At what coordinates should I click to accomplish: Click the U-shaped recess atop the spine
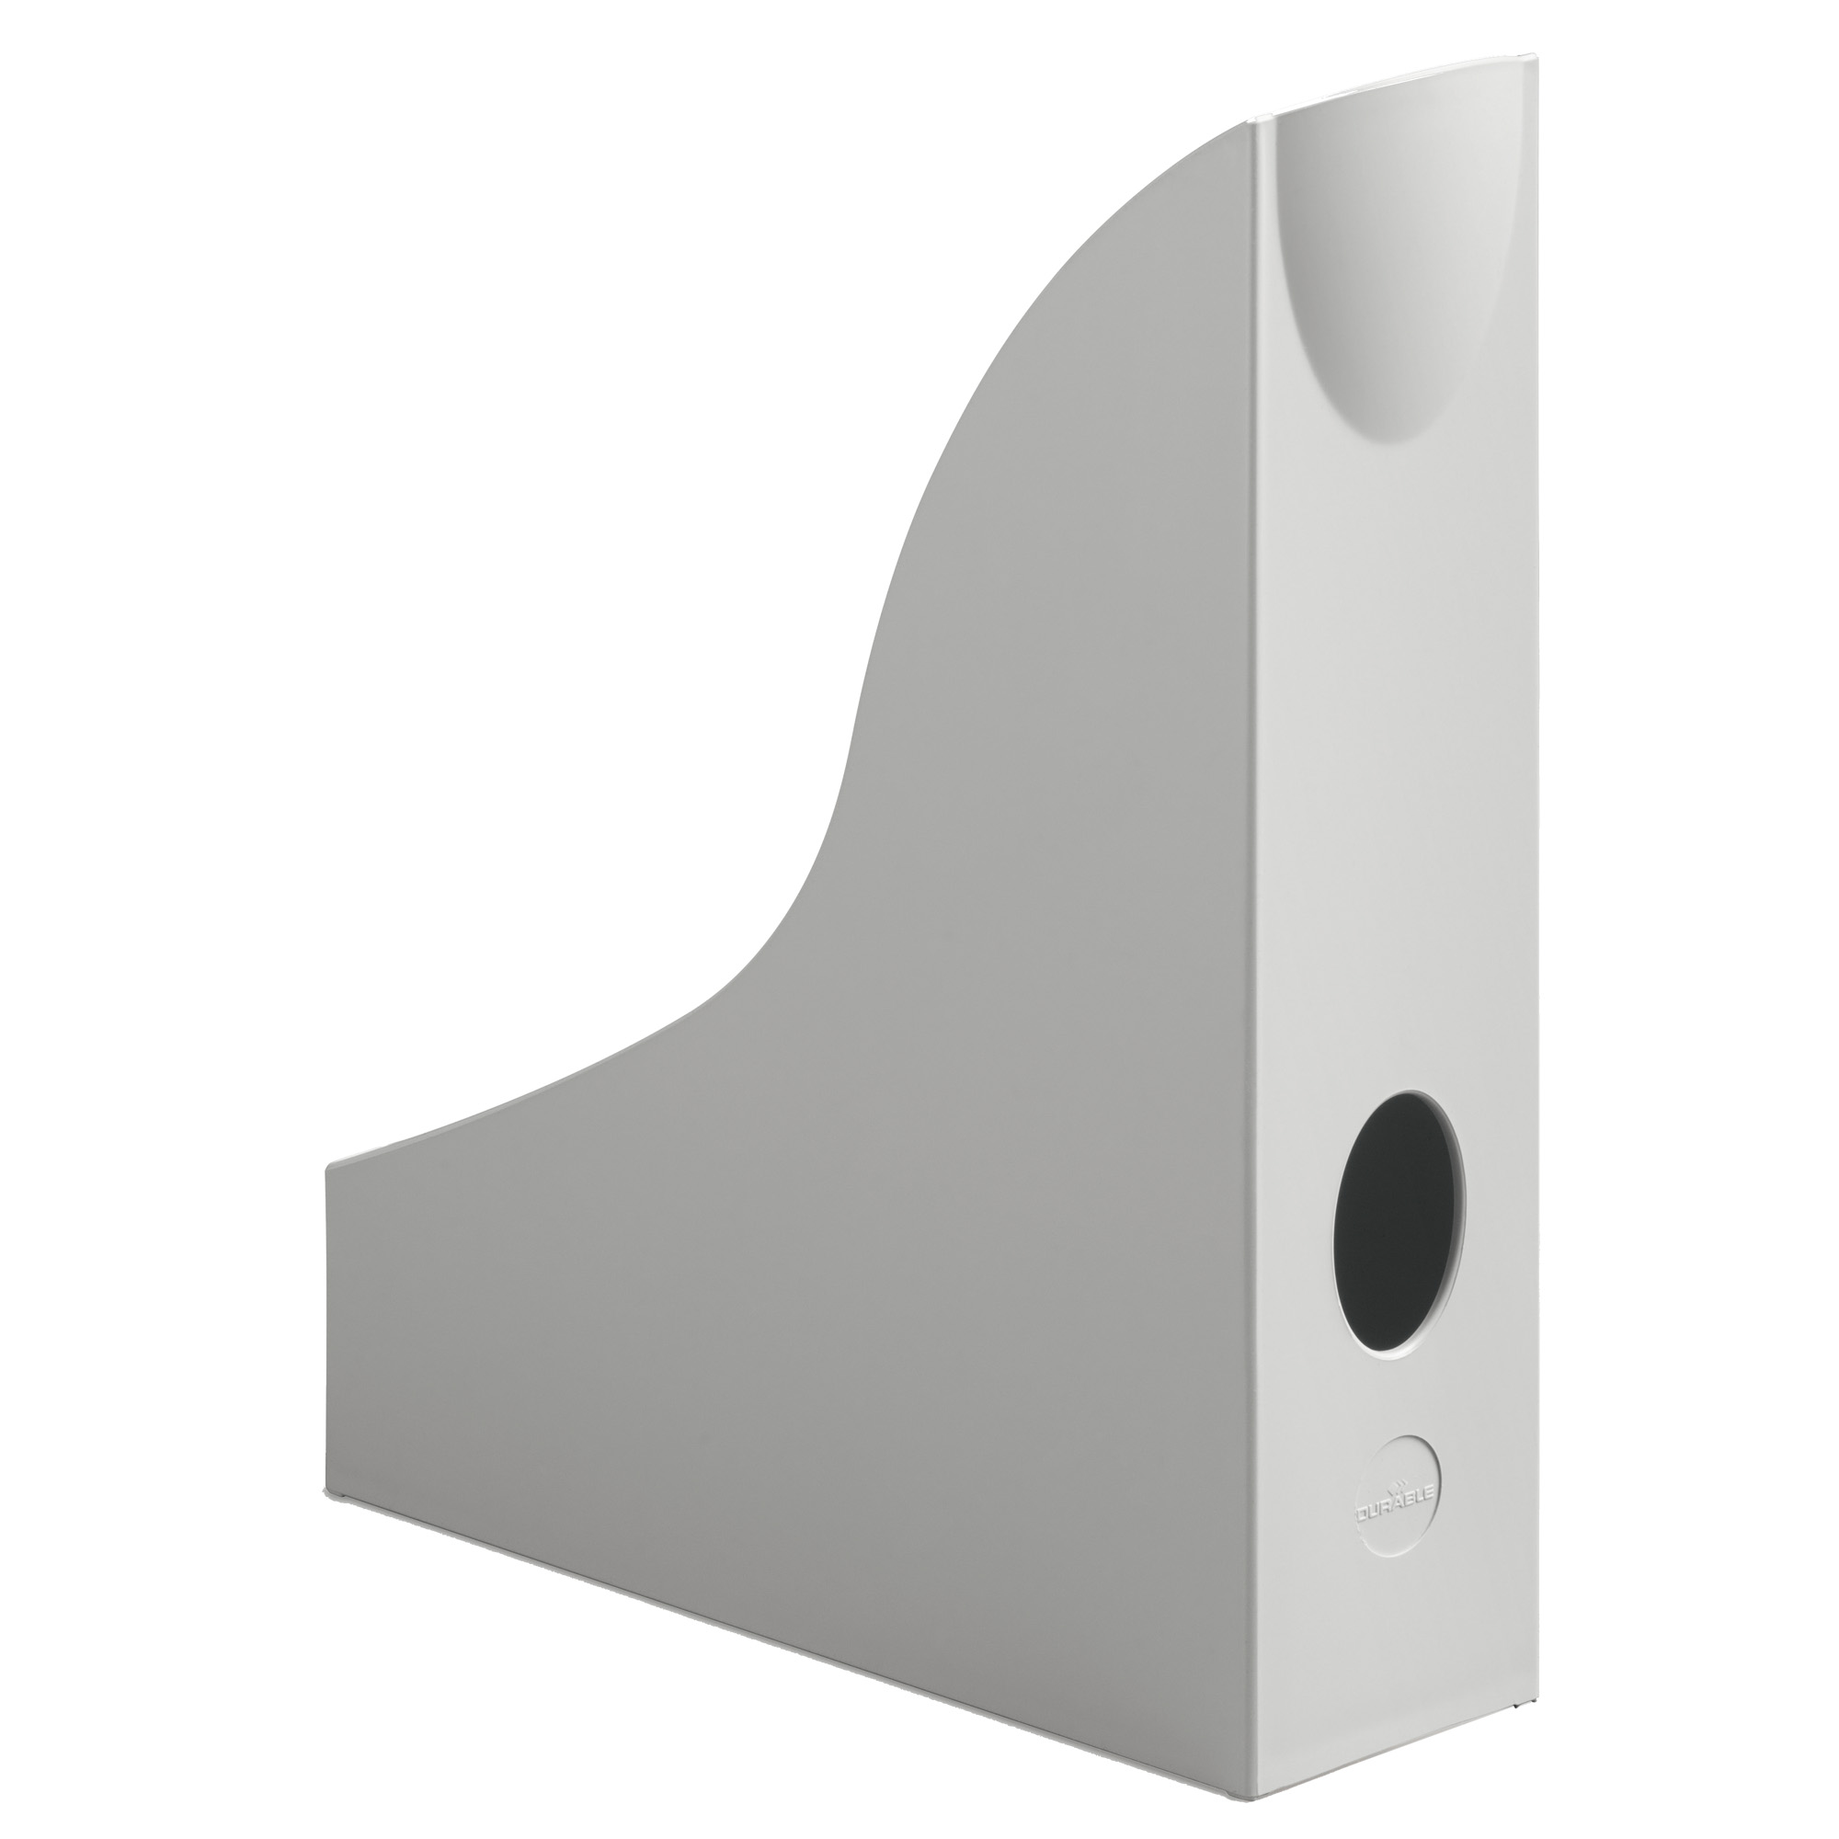(1362, 286)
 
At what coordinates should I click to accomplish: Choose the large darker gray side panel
(857, 1238)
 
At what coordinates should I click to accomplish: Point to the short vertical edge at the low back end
(326, 1332)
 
